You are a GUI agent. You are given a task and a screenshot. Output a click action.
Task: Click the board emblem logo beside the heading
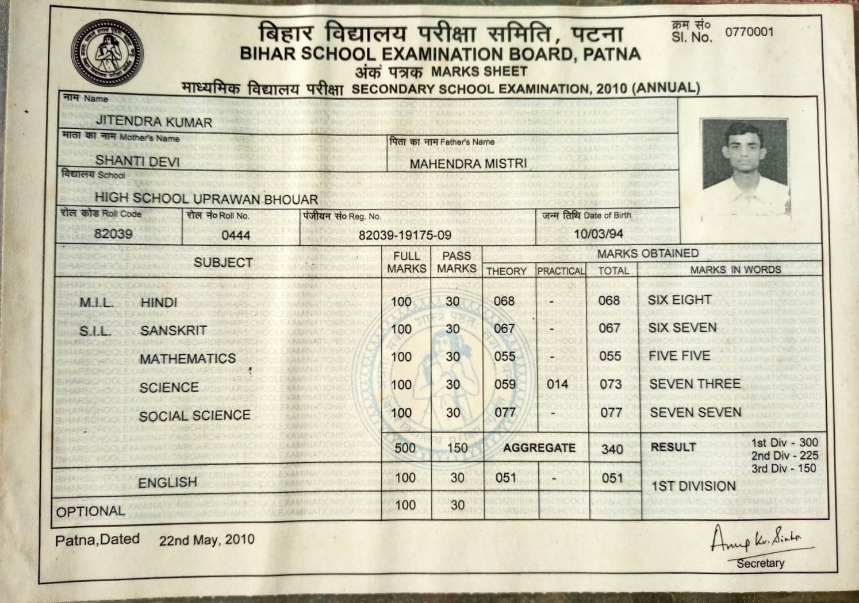click(107, 53)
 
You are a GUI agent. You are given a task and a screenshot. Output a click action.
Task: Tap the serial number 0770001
click(749, 32)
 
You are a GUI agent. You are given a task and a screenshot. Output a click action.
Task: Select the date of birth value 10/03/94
click(598, 234)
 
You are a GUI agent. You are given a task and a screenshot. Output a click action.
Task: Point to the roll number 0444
click(236, 235)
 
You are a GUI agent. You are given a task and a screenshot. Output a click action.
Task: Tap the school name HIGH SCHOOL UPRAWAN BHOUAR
click(206, 199)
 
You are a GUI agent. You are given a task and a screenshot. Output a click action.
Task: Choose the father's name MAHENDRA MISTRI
click(468, 164)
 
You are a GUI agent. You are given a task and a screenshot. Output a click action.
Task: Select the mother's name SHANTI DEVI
click(137, 161)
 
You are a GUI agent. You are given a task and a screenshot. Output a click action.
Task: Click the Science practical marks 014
click(557, 384)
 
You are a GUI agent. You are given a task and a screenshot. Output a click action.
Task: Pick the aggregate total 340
click(612, 448)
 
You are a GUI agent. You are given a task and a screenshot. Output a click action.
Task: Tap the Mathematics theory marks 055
click(505, 356)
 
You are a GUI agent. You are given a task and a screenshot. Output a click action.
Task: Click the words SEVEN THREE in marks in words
click(695, 384)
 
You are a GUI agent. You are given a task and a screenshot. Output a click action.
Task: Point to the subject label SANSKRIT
click(173, 331)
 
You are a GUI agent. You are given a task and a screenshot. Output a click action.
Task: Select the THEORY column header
click(506, 271)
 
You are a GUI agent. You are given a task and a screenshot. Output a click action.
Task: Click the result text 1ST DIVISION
click(693, 486)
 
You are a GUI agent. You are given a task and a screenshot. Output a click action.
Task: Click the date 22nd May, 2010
click(206, 540)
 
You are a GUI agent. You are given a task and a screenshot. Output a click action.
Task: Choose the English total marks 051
click(612, 478)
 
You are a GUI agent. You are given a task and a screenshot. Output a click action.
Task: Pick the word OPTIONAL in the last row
click(90, 511)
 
